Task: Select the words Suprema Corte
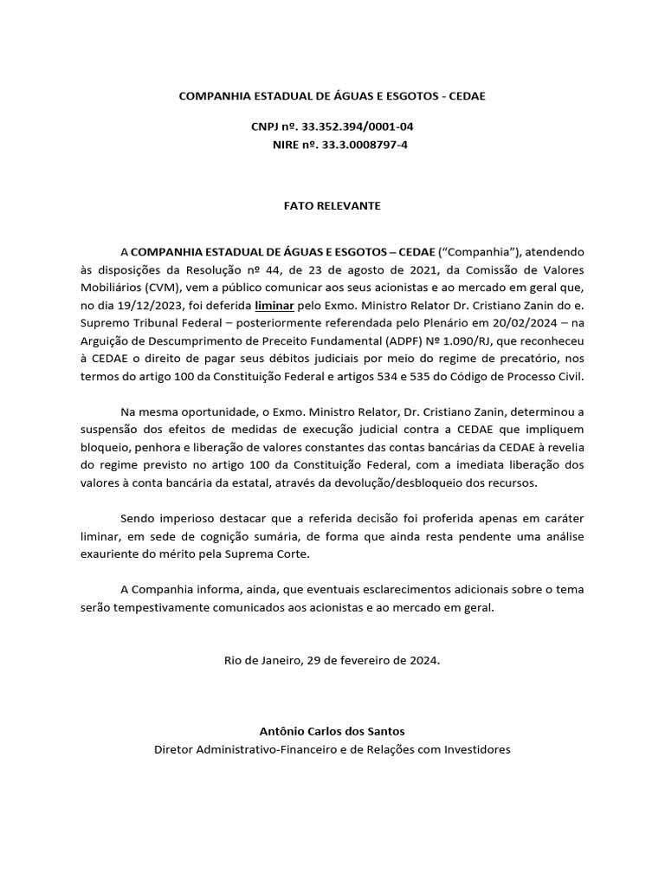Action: [x=268, y=554]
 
